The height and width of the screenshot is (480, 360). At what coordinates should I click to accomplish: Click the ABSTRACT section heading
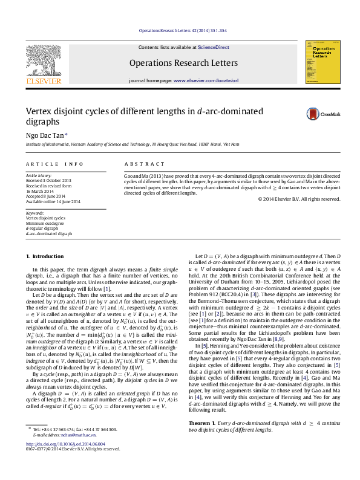point(144,164)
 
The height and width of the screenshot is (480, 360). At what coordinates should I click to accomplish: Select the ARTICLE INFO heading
point(54,164)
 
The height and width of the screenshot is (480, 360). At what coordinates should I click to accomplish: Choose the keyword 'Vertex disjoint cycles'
point(48,218)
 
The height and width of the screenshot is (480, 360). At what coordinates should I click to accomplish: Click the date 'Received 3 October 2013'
point(48,180)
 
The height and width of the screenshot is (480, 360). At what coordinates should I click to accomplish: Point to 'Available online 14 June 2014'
point(53,201)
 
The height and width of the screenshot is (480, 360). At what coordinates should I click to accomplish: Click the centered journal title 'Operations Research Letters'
point(183,62)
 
